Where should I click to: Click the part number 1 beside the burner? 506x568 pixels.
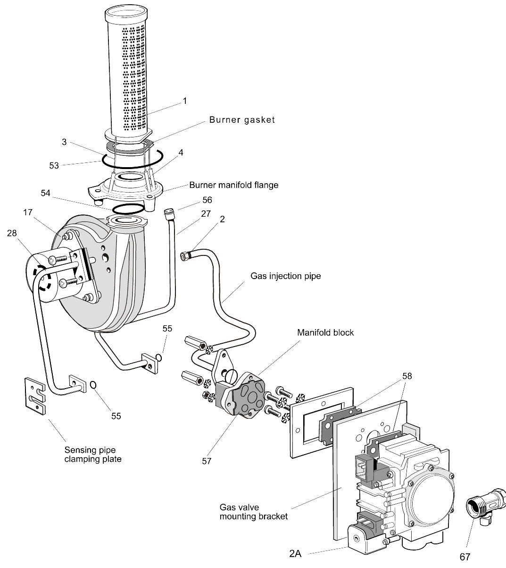(x=185, y=101)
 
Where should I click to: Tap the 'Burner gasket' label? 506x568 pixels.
(x=242, y=120)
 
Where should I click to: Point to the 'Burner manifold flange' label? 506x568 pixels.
(x=233, y=185)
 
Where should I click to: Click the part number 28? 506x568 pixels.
(x=13, y=233)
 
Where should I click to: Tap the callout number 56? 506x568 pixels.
(x=207, y=200)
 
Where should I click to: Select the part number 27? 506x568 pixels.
(x=206, y=213)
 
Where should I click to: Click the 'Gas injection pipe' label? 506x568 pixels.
(x=285, y=275)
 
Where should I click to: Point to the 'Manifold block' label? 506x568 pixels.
(x=325, y=332)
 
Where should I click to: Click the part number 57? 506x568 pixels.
(x=207, y=461)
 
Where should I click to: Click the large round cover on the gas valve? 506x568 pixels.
(x=431, y=501)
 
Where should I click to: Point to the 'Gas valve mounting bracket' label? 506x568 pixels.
(x=253, y=512)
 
